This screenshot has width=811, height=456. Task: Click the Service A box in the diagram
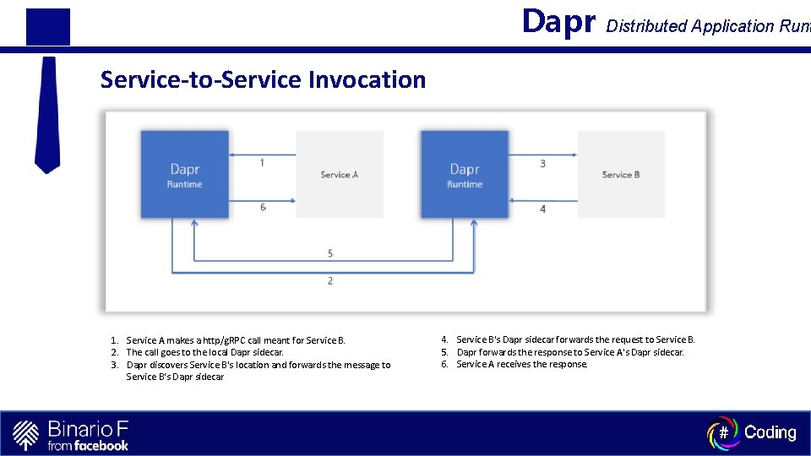click(340, 175)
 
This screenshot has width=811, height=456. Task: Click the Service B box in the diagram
click(621, 175)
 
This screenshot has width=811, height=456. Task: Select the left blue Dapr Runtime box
click(185, 175)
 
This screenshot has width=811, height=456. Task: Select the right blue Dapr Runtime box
click(465, 175)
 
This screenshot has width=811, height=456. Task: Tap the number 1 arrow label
click(262, 162)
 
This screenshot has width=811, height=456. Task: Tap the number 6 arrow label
click(263, 207)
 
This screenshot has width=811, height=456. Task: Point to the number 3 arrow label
click(542, 163)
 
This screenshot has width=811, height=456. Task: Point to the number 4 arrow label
click(542, 209)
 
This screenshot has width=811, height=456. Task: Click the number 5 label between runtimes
click(330, 253)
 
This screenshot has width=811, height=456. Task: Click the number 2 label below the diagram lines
click(330, 280)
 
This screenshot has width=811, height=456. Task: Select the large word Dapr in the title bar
click(559, 22)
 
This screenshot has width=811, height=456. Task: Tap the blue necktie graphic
click(47, 114)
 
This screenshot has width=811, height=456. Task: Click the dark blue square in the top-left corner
click(47, 26)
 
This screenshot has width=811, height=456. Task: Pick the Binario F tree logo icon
click(26, 434)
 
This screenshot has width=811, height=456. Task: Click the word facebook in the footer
click(101, 445)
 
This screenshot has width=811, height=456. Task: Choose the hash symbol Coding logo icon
click(722, 432)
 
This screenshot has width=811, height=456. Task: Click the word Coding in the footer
click(770, 432)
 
